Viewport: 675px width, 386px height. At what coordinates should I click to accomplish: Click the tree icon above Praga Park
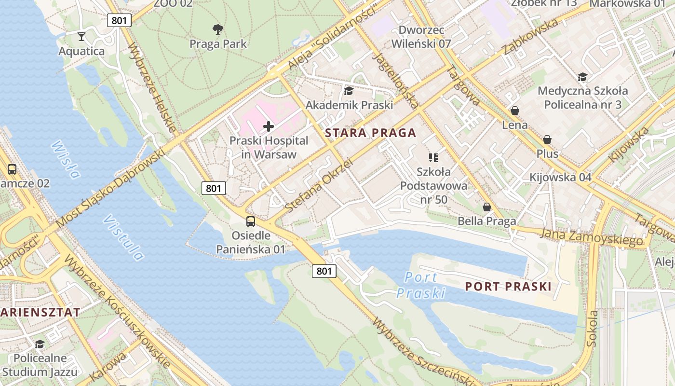click(x=218, y=29)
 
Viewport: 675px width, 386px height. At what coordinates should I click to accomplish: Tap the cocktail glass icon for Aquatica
click(x=81, y=36)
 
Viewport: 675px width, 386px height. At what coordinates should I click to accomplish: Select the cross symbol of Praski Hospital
click(x=269, y=126)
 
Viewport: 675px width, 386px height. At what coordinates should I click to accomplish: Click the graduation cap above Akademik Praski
click(x=349, y=91)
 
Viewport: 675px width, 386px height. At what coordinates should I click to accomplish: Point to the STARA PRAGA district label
click(x=370, y=133)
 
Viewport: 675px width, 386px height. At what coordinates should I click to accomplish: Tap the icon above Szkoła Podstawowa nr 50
click(x=433, y=157)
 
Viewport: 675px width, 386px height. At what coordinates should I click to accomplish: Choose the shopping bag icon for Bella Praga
click(x=487, y=207)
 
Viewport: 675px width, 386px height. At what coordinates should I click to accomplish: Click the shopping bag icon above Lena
click(x=515, y=110)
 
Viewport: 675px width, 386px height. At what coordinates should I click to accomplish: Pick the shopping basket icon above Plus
click(x=547, y=139)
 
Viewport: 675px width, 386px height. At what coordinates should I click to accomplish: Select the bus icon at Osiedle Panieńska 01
click(x=251, y=221)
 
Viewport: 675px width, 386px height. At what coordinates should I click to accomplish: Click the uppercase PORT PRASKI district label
click(x=508, y=287)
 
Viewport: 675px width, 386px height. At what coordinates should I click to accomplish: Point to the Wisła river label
click(x=65, y=160)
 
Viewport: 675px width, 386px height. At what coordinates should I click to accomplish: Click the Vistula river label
click(x=123, y=237)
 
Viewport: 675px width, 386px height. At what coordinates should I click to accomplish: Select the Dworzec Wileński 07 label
click(x=421, y=37)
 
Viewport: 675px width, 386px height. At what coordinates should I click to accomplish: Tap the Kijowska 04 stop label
click(x=560, y=177)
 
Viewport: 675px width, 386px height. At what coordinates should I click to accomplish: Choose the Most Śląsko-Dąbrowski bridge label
click(x=110, y=189)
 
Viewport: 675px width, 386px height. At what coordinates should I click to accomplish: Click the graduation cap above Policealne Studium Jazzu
click(x=40, y=344)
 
